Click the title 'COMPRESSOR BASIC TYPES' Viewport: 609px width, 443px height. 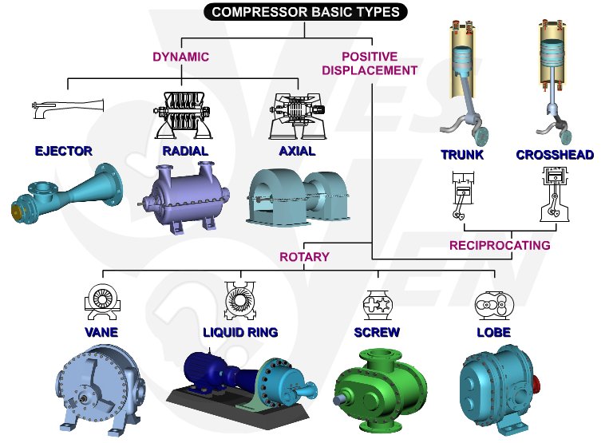(x=306, y=12)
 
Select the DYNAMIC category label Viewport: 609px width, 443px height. (x=180, y=57)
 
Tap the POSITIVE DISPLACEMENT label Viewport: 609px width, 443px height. (x=369, y=63)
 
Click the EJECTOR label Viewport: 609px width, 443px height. (x=64, y=151)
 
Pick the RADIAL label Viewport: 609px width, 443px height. (x=185, y=151)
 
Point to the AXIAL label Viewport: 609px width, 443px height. (x=297, y=151)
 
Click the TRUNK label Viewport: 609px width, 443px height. (x=462, y=155)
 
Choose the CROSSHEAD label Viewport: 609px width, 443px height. (x=555, y=155)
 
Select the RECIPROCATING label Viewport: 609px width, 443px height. (x=500, y=245)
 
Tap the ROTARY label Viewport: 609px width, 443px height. (x=304, y=257)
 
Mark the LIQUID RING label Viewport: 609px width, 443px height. (x=239, y=332)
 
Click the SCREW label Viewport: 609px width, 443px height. (x=377, y=332)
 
